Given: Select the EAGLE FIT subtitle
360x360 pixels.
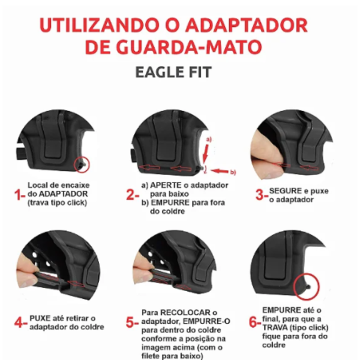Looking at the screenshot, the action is [173, 72].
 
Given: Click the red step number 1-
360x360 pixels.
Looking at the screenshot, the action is [20, 195].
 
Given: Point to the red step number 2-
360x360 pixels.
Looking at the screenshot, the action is [133, 195].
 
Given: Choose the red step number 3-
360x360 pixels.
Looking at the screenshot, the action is [262, 195].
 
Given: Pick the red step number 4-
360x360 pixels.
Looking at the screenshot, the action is [21, 323].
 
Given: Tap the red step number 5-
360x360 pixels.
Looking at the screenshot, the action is [132, 322].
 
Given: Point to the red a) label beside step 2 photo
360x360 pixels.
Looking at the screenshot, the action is [209, 139].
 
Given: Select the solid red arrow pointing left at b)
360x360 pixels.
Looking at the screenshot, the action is [220, 171].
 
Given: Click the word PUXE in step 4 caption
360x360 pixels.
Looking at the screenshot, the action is [40, 318].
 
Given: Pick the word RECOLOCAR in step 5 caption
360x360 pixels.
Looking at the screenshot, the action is [185, 313].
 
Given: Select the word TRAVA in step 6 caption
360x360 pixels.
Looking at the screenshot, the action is [275, 328].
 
